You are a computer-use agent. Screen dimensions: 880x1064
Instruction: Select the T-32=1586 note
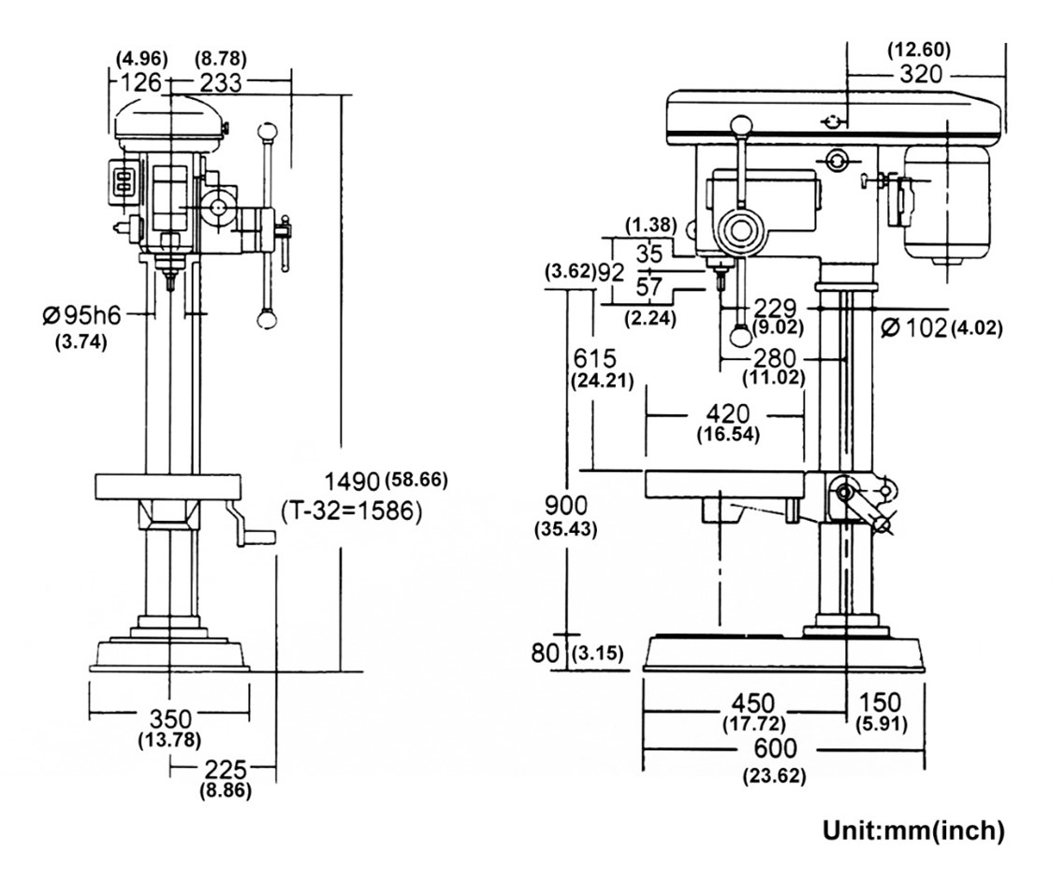[352, 512]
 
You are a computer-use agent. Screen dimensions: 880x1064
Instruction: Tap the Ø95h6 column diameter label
[81, 315]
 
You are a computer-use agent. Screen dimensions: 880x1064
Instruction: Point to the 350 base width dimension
[170, 719]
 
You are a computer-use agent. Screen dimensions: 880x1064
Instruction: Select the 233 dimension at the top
[220, 83]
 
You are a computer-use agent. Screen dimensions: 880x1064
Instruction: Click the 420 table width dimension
[727, 414]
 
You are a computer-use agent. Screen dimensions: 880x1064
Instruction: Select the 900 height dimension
[565, 507]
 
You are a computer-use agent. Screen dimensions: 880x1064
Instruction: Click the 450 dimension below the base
[753, 702]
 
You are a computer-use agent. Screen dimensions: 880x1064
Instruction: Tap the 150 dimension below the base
[880, 702]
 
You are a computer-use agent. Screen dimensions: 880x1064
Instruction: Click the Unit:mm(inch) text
[913, 830]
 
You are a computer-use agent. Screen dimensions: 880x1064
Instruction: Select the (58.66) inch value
[415, 481]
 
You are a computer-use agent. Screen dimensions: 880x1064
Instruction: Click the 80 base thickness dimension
[545, 652]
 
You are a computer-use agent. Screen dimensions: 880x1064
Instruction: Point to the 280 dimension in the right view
[775, 359]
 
